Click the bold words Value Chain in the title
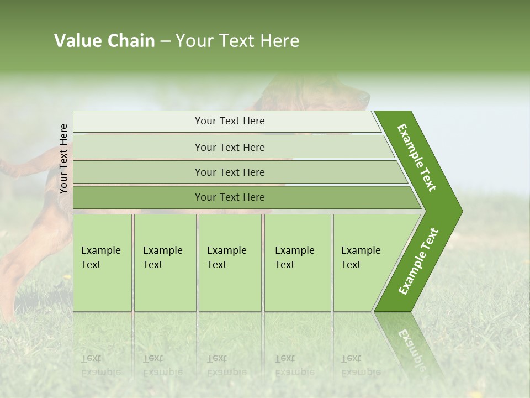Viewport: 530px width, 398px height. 104,41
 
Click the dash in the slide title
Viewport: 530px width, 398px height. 165,41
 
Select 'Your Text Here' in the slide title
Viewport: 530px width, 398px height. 237,41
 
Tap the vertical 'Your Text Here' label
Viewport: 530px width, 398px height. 63,159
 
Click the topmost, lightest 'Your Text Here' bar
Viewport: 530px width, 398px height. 229,121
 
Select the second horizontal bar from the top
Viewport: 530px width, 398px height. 229,147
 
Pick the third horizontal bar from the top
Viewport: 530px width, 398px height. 229,172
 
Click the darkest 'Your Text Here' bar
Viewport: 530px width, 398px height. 229,197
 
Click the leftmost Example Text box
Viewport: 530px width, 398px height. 102,262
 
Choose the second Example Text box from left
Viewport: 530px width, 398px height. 165,262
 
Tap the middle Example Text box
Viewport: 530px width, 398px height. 230,262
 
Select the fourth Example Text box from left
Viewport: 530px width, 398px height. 297,262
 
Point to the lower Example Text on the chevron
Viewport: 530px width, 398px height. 418,261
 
